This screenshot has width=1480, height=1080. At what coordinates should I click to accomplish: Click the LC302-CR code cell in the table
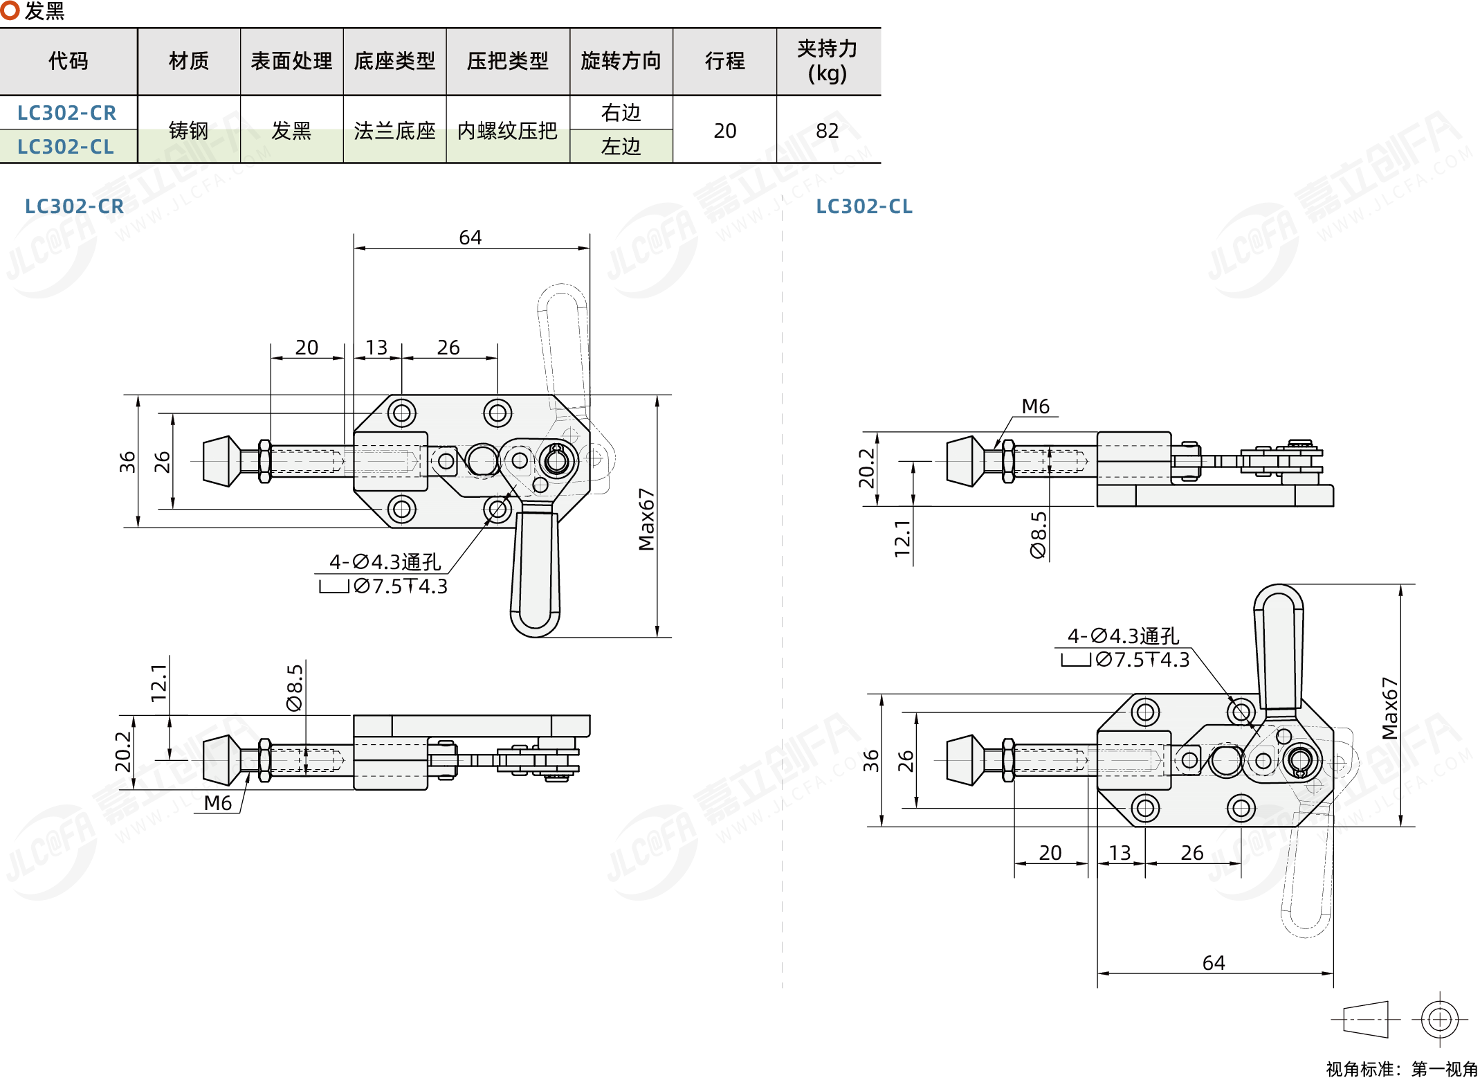point(67,113)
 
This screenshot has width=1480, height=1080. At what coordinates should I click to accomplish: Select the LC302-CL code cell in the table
point(66,147)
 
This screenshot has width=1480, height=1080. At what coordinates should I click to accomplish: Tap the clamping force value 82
point(827,130)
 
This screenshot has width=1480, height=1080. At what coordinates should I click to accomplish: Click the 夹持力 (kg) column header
point(827,61)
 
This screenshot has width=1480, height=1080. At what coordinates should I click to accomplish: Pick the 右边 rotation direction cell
point(621,113)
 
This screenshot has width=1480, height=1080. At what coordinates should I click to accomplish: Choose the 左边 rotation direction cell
point(621,147)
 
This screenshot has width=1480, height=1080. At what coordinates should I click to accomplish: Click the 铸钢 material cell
point(188,130)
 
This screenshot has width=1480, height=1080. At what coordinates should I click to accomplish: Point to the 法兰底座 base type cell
point(394,130)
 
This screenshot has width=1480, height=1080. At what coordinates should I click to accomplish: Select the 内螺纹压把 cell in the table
point(507,130)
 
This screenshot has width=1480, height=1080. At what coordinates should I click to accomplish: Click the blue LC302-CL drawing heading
point(864,206)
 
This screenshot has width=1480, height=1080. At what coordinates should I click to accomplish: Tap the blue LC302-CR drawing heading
point(74,206)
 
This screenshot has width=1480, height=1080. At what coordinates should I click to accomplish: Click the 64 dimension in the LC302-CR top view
point(471,237)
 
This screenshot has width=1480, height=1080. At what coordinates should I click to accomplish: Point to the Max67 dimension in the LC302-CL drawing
point(1389,708)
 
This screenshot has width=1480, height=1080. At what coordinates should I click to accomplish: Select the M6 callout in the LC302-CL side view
point(1035,406)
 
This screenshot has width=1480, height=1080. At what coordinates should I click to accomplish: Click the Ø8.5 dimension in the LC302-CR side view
point(295,687)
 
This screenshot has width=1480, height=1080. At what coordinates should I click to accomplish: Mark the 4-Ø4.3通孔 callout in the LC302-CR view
point(385,561)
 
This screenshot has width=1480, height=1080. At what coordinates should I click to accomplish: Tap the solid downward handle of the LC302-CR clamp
point(535,568)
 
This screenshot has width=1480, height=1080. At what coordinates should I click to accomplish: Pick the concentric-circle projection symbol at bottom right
point(1440,1019)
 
